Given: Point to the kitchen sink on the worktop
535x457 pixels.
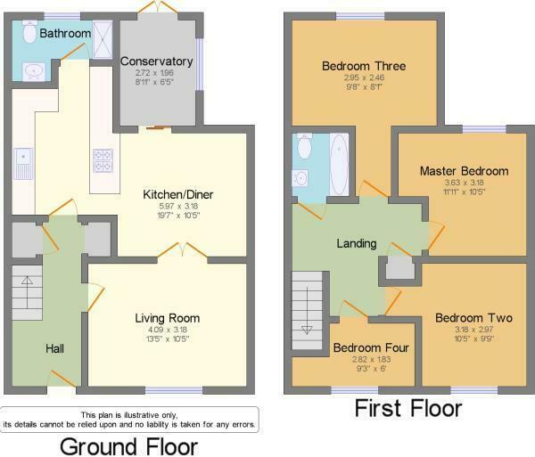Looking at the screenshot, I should [x=21, y=160].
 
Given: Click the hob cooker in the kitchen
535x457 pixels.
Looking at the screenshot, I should [x=102, y=160].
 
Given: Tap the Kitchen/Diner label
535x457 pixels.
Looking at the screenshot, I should [x=178, y=194].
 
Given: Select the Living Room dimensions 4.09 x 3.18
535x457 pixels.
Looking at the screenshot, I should [x=167, y=329].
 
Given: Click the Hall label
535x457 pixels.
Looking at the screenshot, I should [x=54, y=347].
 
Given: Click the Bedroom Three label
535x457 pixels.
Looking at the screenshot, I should [x=364, y=66].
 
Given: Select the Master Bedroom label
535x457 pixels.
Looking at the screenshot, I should [x=464, y=171].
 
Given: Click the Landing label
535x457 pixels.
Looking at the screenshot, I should [x=356, y=243].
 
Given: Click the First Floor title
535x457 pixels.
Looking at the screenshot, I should [x=408, y=409].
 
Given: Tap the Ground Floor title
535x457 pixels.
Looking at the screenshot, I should [x=128, y=445].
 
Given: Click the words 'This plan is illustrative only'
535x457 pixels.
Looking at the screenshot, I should [x=129, y=415].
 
